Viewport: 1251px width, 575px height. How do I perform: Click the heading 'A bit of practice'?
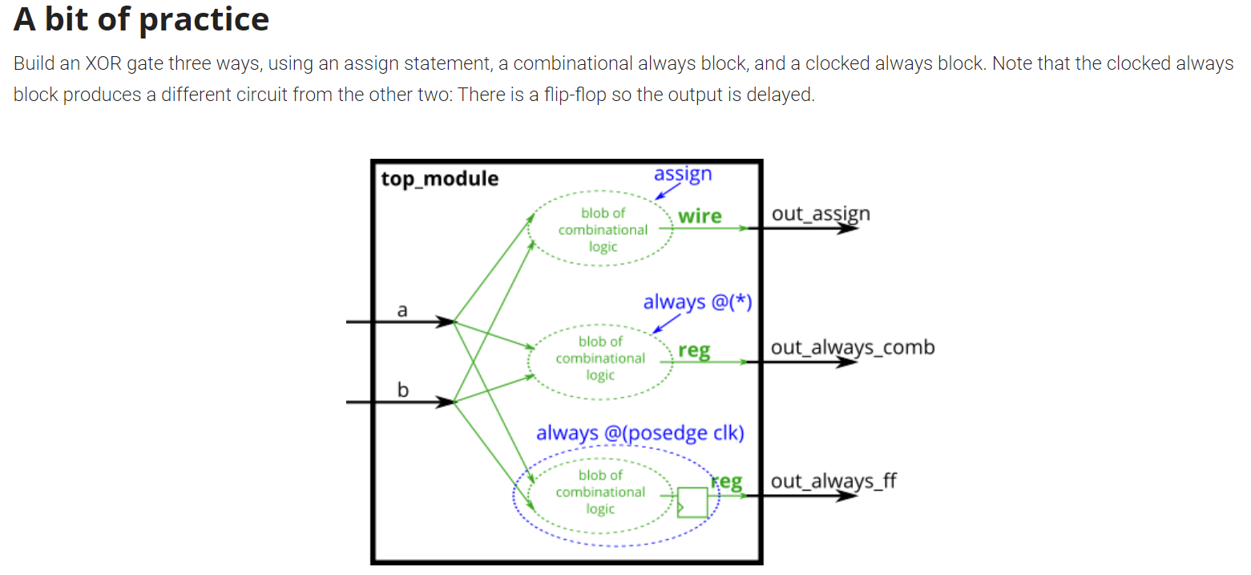tap(141, 19)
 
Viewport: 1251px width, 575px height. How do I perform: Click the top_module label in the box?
tap(439, 178)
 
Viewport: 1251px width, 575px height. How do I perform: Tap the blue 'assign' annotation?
tap(683, 174)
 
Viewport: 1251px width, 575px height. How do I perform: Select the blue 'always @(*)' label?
tap(697, 302)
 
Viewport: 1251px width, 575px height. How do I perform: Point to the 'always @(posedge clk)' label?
tap(640, 433)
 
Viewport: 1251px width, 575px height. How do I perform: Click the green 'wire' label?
tap(700, 216)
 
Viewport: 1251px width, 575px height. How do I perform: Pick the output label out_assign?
tap(821, 214)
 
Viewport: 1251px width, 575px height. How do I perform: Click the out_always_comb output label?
tap(853, 347)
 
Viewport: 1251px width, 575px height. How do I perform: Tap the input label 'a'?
tap(402, 310)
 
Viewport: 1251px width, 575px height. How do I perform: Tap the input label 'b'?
tap(403, 391)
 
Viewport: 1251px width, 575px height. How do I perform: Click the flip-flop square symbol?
tap(692, 502)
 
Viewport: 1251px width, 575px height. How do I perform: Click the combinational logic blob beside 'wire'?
tap(603, 229)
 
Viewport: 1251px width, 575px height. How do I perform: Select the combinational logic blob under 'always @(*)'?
tap(600, 358)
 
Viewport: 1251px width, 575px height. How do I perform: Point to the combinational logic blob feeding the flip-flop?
tap(600, 492)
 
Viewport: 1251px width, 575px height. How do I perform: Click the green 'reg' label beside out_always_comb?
tap(694, 350)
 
